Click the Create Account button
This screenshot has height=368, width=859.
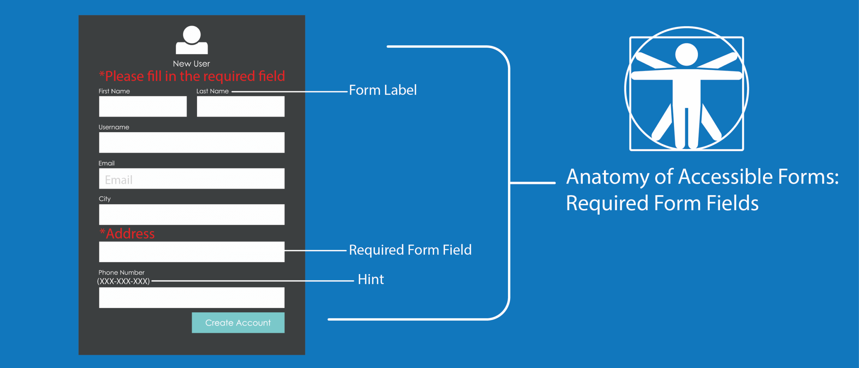click(x=238, y=323)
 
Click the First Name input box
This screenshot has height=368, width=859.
click(x=143, y=106)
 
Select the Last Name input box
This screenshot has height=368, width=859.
click(x=241, y=106)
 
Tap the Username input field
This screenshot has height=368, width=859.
click(x=192, y=143)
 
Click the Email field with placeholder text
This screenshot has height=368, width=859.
click(x=192, y=179)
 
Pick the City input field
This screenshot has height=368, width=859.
click(x=192, y=215)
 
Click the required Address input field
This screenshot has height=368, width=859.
click(x=192, y=252)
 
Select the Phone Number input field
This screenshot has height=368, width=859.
click(x=192, y=298)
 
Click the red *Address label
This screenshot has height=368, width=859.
click(x=127, y=233)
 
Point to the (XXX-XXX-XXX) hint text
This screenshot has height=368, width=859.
click(x=123, y=281)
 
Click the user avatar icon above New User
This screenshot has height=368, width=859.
click(x=192, y=40)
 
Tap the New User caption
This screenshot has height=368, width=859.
click(x=191, y=64)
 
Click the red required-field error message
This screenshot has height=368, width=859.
click(x=192, y=76)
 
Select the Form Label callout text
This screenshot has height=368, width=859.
click(x=383, y=90)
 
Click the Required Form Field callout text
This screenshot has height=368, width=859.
click(x=410, y=250)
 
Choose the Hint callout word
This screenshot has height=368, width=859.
click(x=370, y=279)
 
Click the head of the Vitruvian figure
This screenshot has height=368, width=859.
click(x=687, y=55)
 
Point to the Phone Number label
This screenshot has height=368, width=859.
click(x=121, y=272)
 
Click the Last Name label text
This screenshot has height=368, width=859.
click(x=212, y=91)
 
